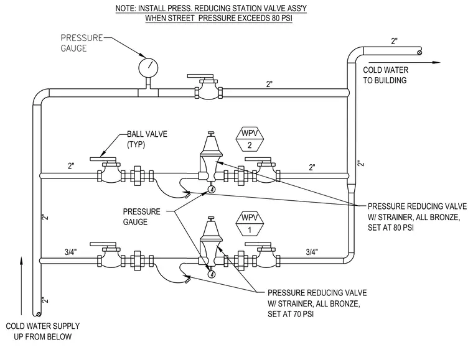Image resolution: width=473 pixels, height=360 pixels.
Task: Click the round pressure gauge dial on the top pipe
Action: click(148, 67)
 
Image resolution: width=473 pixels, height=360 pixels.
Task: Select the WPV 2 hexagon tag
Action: click(250, 139)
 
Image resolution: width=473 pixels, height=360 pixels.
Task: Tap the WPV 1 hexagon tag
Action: click(250, 224)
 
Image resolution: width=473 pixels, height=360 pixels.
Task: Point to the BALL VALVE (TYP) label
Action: click(147, 139)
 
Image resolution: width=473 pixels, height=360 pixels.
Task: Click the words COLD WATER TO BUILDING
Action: click(385, 75)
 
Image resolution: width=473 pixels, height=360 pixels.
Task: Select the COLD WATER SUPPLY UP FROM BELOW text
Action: click(42, 331)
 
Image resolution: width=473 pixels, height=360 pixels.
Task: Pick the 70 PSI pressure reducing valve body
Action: click(210, 243)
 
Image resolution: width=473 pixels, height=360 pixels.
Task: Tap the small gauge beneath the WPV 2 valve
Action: click(212, 190)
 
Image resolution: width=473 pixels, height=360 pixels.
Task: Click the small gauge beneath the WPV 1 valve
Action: click(212, 274)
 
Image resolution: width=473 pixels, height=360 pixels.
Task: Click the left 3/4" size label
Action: click(70, 252)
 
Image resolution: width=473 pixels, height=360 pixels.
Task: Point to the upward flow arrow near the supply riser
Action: click(21, 285)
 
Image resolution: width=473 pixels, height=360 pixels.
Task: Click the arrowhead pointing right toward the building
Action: click(436, 62)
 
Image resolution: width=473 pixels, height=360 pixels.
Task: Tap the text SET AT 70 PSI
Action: click(291, 314)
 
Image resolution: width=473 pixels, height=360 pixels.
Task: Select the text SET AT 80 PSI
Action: click(391, 228)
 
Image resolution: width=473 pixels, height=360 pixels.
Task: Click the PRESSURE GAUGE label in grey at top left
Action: click(82, 43)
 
